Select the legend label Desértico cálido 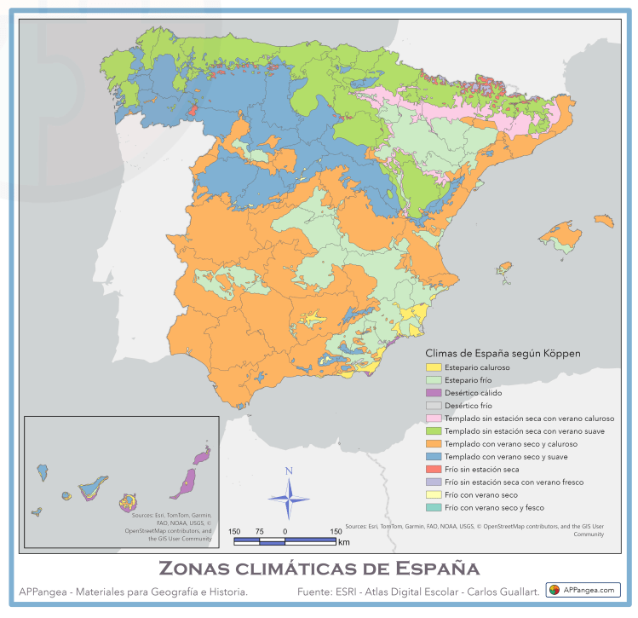click(x=473, y=393)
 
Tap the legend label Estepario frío click(x=468, y=380)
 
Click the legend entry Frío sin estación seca click(x=481, y=470)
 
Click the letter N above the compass click(x=289, y=471)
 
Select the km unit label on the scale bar click(x=343, y=542)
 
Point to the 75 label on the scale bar click(x=259, y=531)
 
